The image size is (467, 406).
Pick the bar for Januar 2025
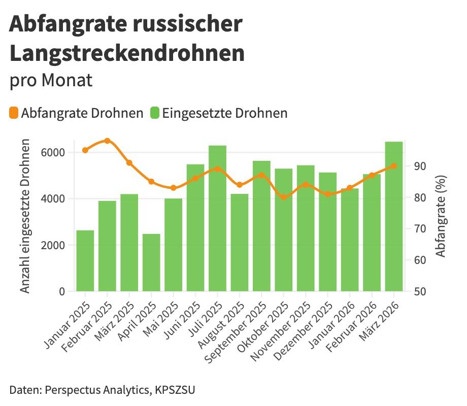[85, 261]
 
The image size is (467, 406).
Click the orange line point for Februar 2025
[107, 141]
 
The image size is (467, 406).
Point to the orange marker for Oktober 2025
[283, 197]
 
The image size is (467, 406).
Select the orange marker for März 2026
[393, 166]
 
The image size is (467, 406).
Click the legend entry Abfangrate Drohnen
[76, 113]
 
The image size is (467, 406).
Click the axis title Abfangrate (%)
[441, 216]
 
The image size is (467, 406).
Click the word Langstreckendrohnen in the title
[127, 53]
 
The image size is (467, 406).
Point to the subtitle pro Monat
[51, 80]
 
